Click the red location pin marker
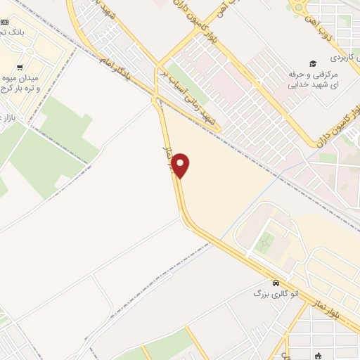(x=181, y=165)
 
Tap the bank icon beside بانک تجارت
(x=4, y=22)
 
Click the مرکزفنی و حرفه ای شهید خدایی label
(x=313, y=79)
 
